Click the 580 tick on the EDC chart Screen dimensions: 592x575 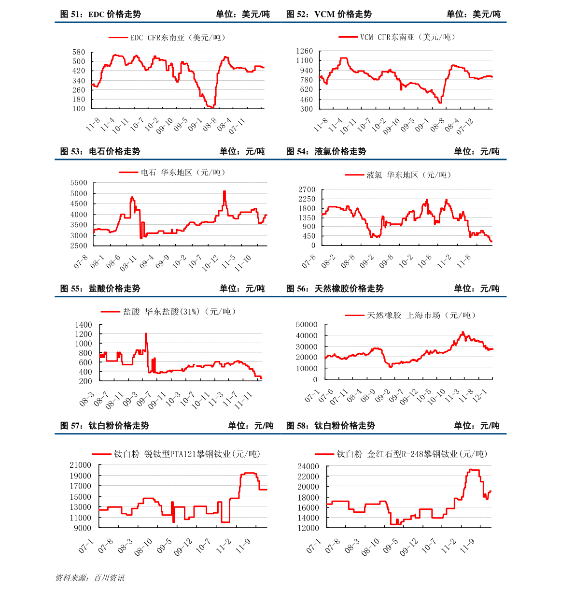79,52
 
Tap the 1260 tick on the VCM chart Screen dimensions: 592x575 305,51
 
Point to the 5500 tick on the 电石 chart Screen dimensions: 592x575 79,183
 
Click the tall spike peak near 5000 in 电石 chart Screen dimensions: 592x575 224,192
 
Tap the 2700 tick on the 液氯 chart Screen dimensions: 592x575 307,190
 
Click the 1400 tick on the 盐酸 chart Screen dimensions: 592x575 84,325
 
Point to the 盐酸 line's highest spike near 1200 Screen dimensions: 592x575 146,333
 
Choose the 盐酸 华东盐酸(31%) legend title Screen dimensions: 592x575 179,312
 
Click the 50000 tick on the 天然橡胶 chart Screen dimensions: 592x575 307,325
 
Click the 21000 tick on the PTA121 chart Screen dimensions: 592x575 80,465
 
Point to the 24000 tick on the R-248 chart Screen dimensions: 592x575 308,467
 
